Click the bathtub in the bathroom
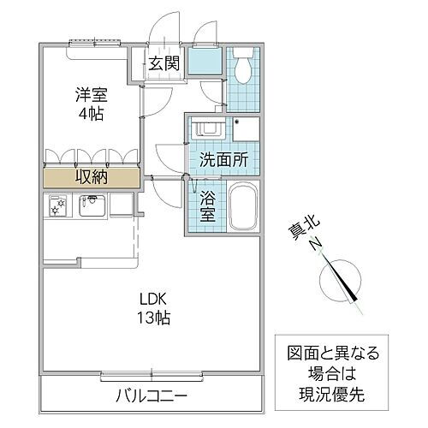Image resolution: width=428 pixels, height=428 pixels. [244, 207]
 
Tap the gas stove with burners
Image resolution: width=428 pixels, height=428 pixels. [58, 206]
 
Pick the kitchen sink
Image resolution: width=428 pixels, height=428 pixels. [92, 205]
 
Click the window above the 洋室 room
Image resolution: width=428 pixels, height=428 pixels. [90, 40]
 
